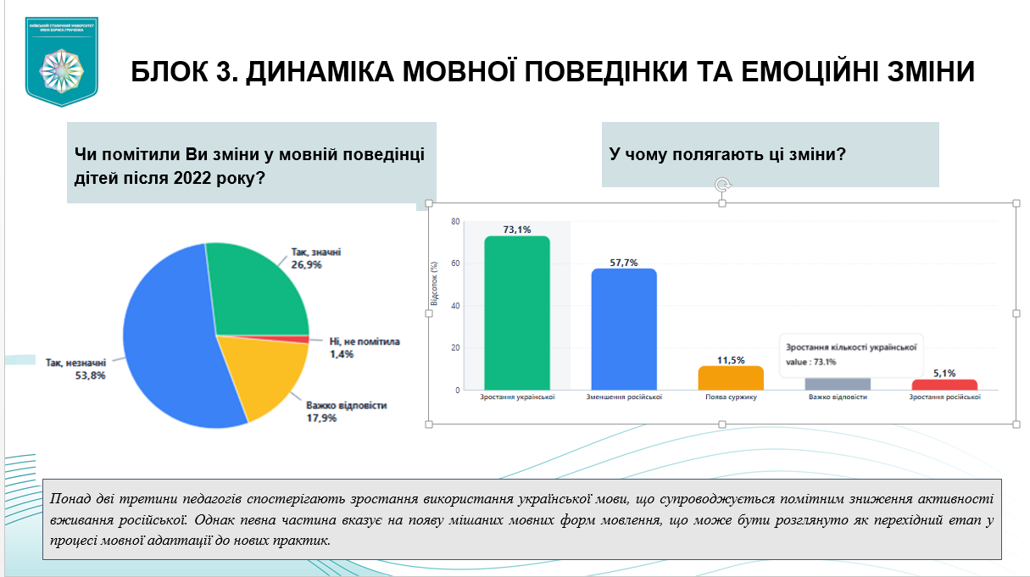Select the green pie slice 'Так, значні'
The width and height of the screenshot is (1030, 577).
(259, 288)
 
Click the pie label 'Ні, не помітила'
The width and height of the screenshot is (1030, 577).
(365, 342)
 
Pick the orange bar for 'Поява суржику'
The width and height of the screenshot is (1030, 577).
(731, 378)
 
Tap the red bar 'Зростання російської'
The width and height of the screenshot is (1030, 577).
(944, 384)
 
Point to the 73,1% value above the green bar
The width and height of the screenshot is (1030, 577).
(517, 230)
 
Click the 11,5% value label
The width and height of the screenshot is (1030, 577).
(731, 360)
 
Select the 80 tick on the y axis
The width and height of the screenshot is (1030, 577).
(455, 222)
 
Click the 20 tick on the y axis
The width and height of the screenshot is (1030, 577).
(455, 348)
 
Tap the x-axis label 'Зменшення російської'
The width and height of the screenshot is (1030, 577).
(624, 397)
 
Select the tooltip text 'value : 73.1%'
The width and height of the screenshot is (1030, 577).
(810, 362)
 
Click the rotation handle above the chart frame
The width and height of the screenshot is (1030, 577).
(722, 185)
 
